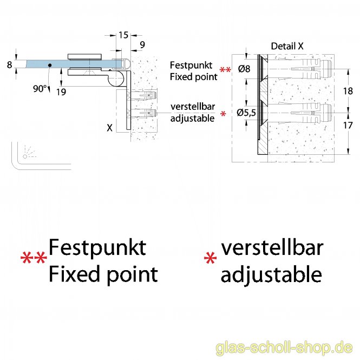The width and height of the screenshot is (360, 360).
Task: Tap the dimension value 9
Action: [x=141, y=44]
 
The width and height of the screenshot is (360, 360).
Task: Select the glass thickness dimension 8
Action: [x=9, y=65]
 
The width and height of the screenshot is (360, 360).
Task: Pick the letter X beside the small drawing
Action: [x=110, y=128]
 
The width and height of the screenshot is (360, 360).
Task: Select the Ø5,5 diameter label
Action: [x=246, y=113]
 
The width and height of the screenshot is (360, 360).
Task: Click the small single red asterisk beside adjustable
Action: [x=224, y=114]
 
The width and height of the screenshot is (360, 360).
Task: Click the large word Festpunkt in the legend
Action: [x=97, y=247]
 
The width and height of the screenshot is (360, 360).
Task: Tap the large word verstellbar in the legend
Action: [x=272, y=247]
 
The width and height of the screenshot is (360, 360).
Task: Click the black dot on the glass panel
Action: [x=49, y=65]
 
